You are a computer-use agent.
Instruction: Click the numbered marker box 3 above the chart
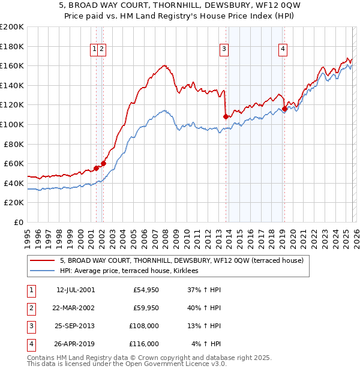224,50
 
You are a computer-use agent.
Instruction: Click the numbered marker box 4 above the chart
282,50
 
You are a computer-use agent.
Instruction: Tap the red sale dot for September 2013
226,116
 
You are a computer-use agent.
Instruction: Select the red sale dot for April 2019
284,109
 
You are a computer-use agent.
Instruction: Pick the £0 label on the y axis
19,222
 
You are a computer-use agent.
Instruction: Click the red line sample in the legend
43,260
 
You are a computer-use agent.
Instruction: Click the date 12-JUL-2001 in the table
75,290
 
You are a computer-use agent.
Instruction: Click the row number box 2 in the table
31,308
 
